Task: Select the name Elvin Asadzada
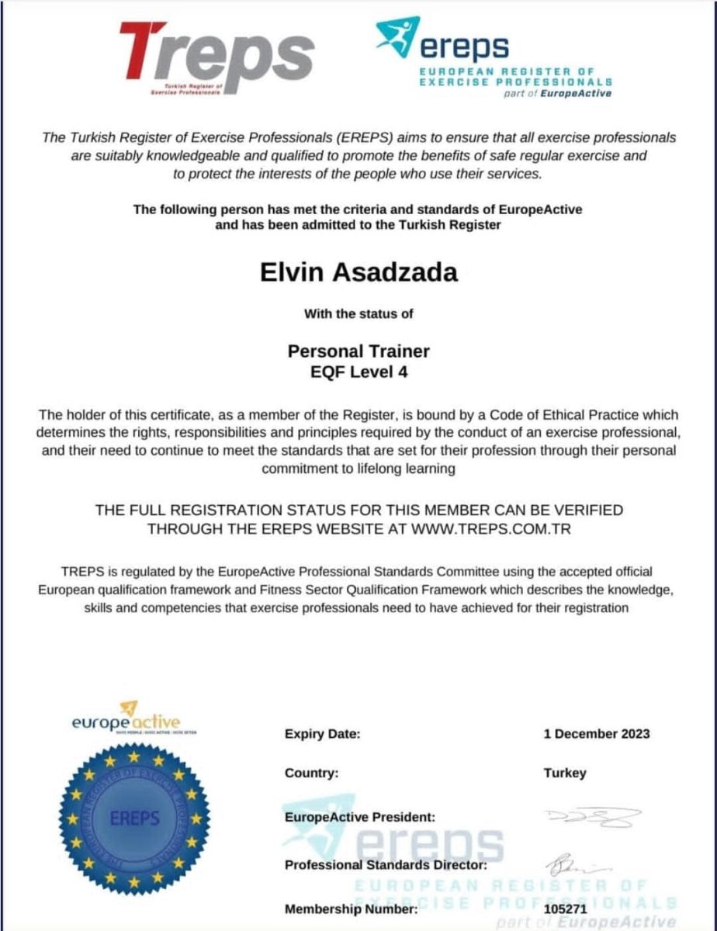(358, 273)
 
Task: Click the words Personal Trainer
(358, 351)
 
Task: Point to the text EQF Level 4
(358, 372)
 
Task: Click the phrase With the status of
(358, 314)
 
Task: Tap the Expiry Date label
(322, 734)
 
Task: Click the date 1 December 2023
(597, 734)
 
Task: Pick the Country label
(311, 774)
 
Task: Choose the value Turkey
(565, 774)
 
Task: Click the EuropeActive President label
(360, 817)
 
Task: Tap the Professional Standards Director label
(386, 864)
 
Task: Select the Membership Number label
(351, 909)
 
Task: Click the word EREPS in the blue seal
(134, 818)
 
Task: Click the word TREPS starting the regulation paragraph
(76, 572)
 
